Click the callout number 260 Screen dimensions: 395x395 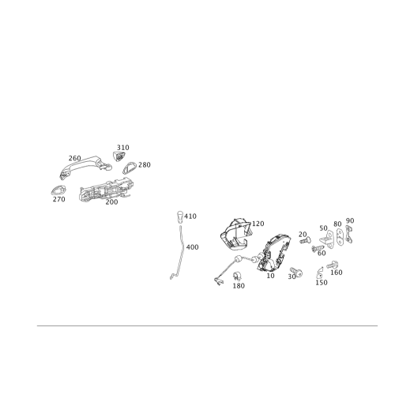pos(75,158)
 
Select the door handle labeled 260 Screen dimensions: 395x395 pos(85,167)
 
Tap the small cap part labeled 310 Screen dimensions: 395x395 pos(119,156)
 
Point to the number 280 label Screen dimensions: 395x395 pos(145,165)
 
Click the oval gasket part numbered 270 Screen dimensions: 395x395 pos(58,190)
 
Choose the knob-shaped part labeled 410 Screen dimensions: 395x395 pos(180,216)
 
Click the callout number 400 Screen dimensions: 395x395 pos(192,247)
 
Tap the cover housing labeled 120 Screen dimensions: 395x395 pos(235,233)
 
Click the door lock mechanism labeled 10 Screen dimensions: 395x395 pos(274,253)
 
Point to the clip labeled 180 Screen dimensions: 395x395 pos(237,276)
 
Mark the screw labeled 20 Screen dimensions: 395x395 pos(306,240)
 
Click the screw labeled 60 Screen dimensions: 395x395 pos(318,248)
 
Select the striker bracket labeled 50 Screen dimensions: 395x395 pos(327,239)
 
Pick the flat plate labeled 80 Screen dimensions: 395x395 pos(340,237)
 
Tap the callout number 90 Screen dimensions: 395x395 pos(350,220)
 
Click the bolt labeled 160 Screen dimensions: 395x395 pos(333,265)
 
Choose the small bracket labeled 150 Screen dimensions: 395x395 pos(320,273)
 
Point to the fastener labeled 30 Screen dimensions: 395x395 pos(296,273)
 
